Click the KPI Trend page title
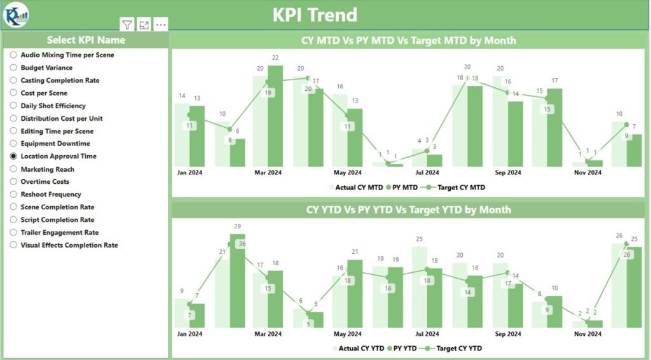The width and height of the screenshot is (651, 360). (x=315, y=14)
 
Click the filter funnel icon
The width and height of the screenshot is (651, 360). (x=127, y=25)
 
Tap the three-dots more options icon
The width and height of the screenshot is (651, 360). (x=161, y=25)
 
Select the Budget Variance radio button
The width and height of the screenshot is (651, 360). (x=13, y=67)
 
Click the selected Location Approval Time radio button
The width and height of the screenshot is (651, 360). (x=13, y=156)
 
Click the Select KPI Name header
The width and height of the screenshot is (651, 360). (x=86, y=40)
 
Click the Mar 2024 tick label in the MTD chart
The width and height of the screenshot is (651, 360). (x=268, y=172)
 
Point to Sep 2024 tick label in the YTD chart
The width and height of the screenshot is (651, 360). (x=508, y=333)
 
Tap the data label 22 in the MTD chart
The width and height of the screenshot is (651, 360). (x=275, y=58)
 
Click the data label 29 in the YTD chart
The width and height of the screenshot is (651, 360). (x=237, y=226)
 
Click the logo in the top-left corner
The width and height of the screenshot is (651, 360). (x=15, y=14)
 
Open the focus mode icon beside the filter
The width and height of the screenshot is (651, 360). (x=144, y=25)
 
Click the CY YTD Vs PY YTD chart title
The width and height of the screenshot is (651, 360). (x=408, y=209)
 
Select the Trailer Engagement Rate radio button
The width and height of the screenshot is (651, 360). (x=13, y=232)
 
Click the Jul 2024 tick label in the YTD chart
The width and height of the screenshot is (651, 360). (x=427, y=333)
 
